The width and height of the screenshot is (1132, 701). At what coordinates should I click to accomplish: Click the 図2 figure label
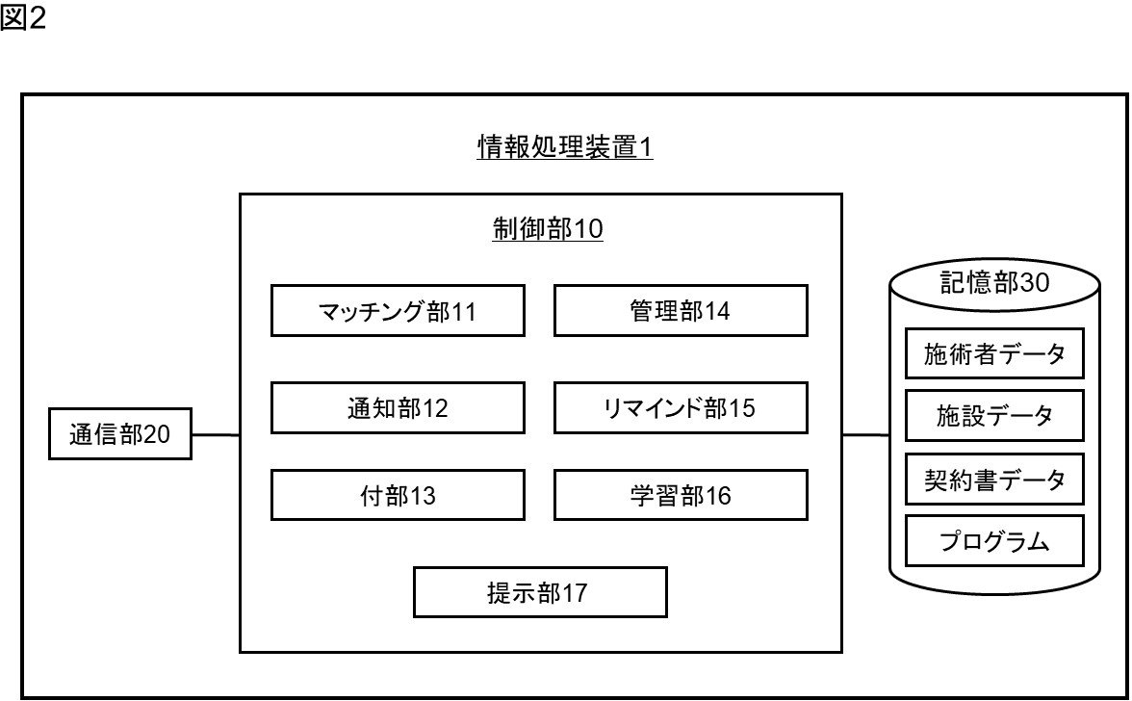click(x=23, y=19)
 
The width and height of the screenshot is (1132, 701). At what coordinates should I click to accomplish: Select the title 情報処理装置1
click(x=565, y=148)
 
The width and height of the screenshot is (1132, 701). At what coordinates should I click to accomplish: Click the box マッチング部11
click(x=398, y=310)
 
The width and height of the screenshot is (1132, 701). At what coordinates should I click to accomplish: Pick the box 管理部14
click(x=680, y=310)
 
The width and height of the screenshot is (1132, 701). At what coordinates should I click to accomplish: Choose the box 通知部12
click(x=398, y=408)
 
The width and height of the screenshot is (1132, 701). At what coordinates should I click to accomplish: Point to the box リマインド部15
click(x=680, y=408)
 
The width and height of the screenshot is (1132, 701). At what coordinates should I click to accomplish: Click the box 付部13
click(x=398, y=495)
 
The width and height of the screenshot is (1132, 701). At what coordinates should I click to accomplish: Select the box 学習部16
click(x=680, y=495)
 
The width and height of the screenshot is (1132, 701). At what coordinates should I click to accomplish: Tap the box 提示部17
click(x=539, y=592)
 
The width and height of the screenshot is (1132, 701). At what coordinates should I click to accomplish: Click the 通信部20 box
click(x=120, y=435)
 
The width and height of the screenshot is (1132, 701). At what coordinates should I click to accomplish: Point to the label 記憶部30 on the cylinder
click(x=993, y=283)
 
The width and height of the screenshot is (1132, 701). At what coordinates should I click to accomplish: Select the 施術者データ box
click(x=994, y=353)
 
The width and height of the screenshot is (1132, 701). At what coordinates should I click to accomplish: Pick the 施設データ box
click(x=994, y=416)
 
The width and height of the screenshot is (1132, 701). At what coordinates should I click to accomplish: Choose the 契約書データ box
click(x=994, y=479)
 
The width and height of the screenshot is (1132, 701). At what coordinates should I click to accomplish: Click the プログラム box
click(x=994, y=541)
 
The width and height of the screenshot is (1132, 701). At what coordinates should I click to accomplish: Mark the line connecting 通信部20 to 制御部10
click(x=215, y=435)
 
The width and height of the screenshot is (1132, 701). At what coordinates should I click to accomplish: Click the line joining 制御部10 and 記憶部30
click(x=865, y=435)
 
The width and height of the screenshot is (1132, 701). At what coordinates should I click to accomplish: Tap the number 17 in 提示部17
click(x=575, y=593)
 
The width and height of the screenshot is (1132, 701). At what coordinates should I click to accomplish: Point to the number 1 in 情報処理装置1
click(x=647, y=148)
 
